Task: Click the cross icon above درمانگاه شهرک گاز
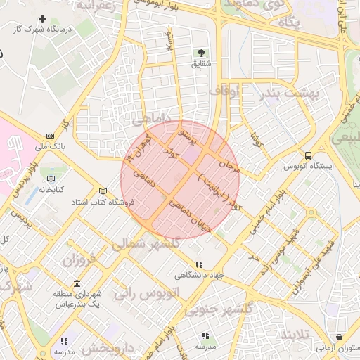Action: tap(44, 18)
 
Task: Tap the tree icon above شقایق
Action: tap(202, 53)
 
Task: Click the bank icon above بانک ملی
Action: tap(50, 136)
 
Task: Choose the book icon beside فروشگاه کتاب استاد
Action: tap(103, 191)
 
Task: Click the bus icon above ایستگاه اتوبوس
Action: tap(307, 155)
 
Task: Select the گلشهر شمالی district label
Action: tap(146, 243)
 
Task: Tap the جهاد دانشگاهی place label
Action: tap(205, 275)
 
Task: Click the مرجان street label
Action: tap(230, 167)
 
